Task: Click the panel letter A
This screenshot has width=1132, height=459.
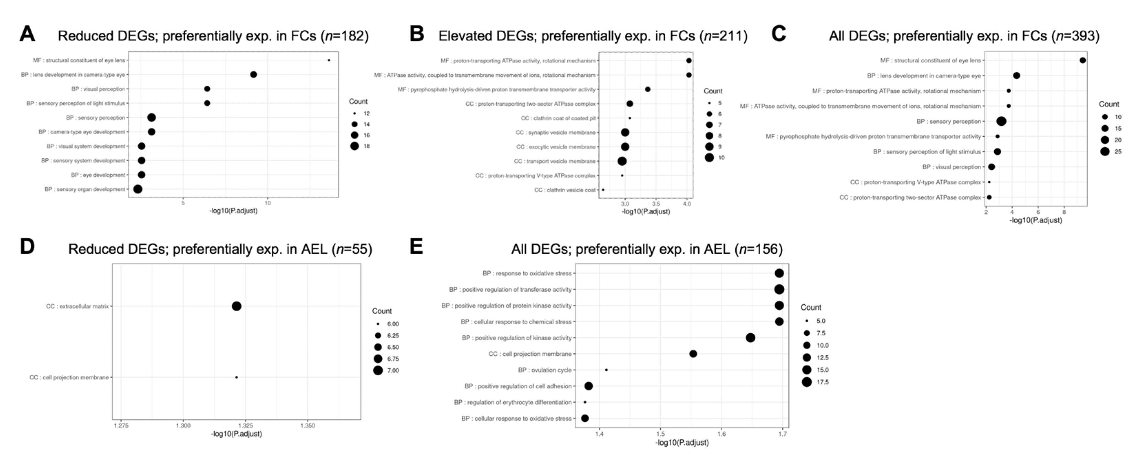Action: coord(27,34)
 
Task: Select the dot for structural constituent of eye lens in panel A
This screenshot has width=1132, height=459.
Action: coord(329,60)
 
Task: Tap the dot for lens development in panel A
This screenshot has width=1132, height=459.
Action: coord(253,75)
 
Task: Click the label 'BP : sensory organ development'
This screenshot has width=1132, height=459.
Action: coord(85,189)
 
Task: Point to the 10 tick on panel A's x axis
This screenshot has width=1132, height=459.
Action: coord(268,203)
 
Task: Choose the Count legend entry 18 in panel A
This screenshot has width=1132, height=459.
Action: coord(355,146)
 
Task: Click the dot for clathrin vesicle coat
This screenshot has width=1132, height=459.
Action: coord(603,190)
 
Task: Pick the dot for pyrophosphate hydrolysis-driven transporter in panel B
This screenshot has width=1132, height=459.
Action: coord(648,90)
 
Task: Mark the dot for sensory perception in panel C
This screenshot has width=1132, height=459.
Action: coord(1002,121)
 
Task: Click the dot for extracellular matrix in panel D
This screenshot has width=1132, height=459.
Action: coord(237,306)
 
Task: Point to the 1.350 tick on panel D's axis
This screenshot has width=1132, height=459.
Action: coord(307,426)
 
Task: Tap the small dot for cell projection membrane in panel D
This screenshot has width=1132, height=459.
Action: coord(237,377)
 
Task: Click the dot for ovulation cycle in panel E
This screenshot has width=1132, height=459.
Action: coord(606,370)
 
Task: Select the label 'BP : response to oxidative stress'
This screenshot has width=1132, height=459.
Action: coord(527,273)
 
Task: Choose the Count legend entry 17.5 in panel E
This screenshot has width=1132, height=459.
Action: coord(806,382)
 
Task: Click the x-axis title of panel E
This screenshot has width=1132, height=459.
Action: coord(682,443)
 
